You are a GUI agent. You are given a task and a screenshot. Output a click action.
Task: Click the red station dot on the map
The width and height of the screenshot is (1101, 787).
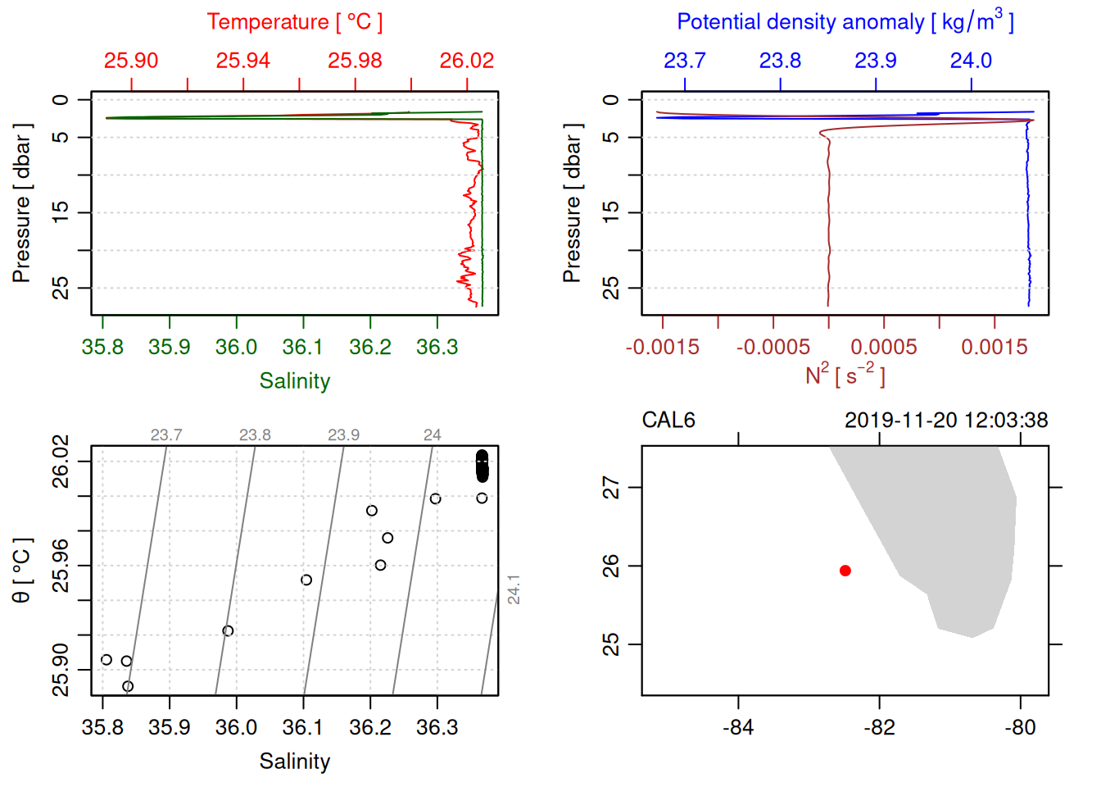pos(845,571)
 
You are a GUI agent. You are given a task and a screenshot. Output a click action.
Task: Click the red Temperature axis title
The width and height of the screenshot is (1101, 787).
pos(294,22)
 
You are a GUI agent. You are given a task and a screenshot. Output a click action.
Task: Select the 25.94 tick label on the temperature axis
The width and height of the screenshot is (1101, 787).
pos(243,61)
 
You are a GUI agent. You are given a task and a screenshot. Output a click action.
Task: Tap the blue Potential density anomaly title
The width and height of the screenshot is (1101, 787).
pos(845,22)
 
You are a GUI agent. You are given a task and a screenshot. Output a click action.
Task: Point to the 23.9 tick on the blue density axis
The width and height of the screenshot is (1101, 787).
pos(875,61)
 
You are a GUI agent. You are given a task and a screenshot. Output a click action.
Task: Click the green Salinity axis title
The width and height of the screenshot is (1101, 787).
pos(294,381)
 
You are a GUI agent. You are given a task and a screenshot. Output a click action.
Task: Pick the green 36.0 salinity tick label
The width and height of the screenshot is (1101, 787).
pos(236,348)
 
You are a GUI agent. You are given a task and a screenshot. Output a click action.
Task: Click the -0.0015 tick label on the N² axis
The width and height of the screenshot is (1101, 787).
pos(662,348)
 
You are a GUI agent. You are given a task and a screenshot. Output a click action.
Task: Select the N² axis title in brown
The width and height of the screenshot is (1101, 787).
pos(845,375)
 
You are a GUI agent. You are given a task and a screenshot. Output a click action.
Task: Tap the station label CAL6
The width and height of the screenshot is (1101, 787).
pos(668,421)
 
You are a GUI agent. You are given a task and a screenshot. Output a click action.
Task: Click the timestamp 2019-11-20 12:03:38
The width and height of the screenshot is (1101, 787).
pos(945,421)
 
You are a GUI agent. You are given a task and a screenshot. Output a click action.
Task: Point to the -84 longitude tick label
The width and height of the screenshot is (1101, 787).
pos(738,727)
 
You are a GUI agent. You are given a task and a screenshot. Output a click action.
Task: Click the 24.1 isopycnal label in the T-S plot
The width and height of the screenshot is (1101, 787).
pos(514,589)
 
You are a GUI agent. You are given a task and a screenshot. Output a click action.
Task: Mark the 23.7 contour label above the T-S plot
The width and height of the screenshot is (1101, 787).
pos(166,435)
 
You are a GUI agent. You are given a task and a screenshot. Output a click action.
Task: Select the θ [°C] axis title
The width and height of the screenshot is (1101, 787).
pos(21,571)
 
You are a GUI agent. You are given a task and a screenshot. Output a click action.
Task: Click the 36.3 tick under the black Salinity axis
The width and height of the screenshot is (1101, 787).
pos(437,727)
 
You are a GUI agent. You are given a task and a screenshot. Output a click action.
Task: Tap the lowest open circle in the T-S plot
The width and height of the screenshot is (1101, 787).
pos(127,686)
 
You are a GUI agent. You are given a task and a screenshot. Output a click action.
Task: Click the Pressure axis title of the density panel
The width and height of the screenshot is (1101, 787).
pos(572,203)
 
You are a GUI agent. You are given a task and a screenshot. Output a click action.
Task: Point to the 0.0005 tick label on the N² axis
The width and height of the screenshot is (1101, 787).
pos(883,348)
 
